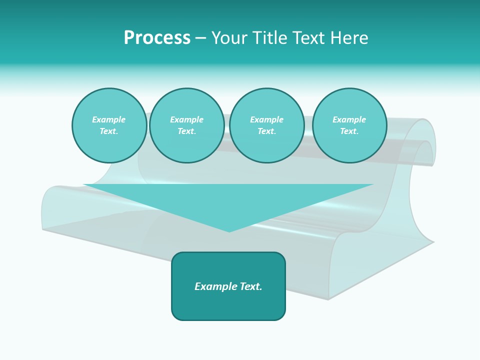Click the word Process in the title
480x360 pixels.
[157, 38]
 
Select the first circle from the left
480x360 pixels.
[109, 125]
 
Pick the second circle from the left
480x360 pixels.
[186, 125]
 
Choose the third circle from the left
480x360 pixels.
[266, 125]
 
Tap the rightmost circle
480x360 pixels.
[349, 125]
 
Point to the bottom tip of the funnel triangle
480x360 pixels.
[229, 231]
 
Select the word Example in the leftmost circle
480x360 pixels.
[109, 120]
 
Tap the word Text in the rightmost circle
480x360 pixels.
[349, 131]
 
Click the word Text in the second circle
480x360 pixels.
[186, 131]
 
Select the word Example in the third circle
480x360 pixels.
[266, 120]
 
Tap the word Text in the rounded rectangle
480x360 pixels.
[250, 286]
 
